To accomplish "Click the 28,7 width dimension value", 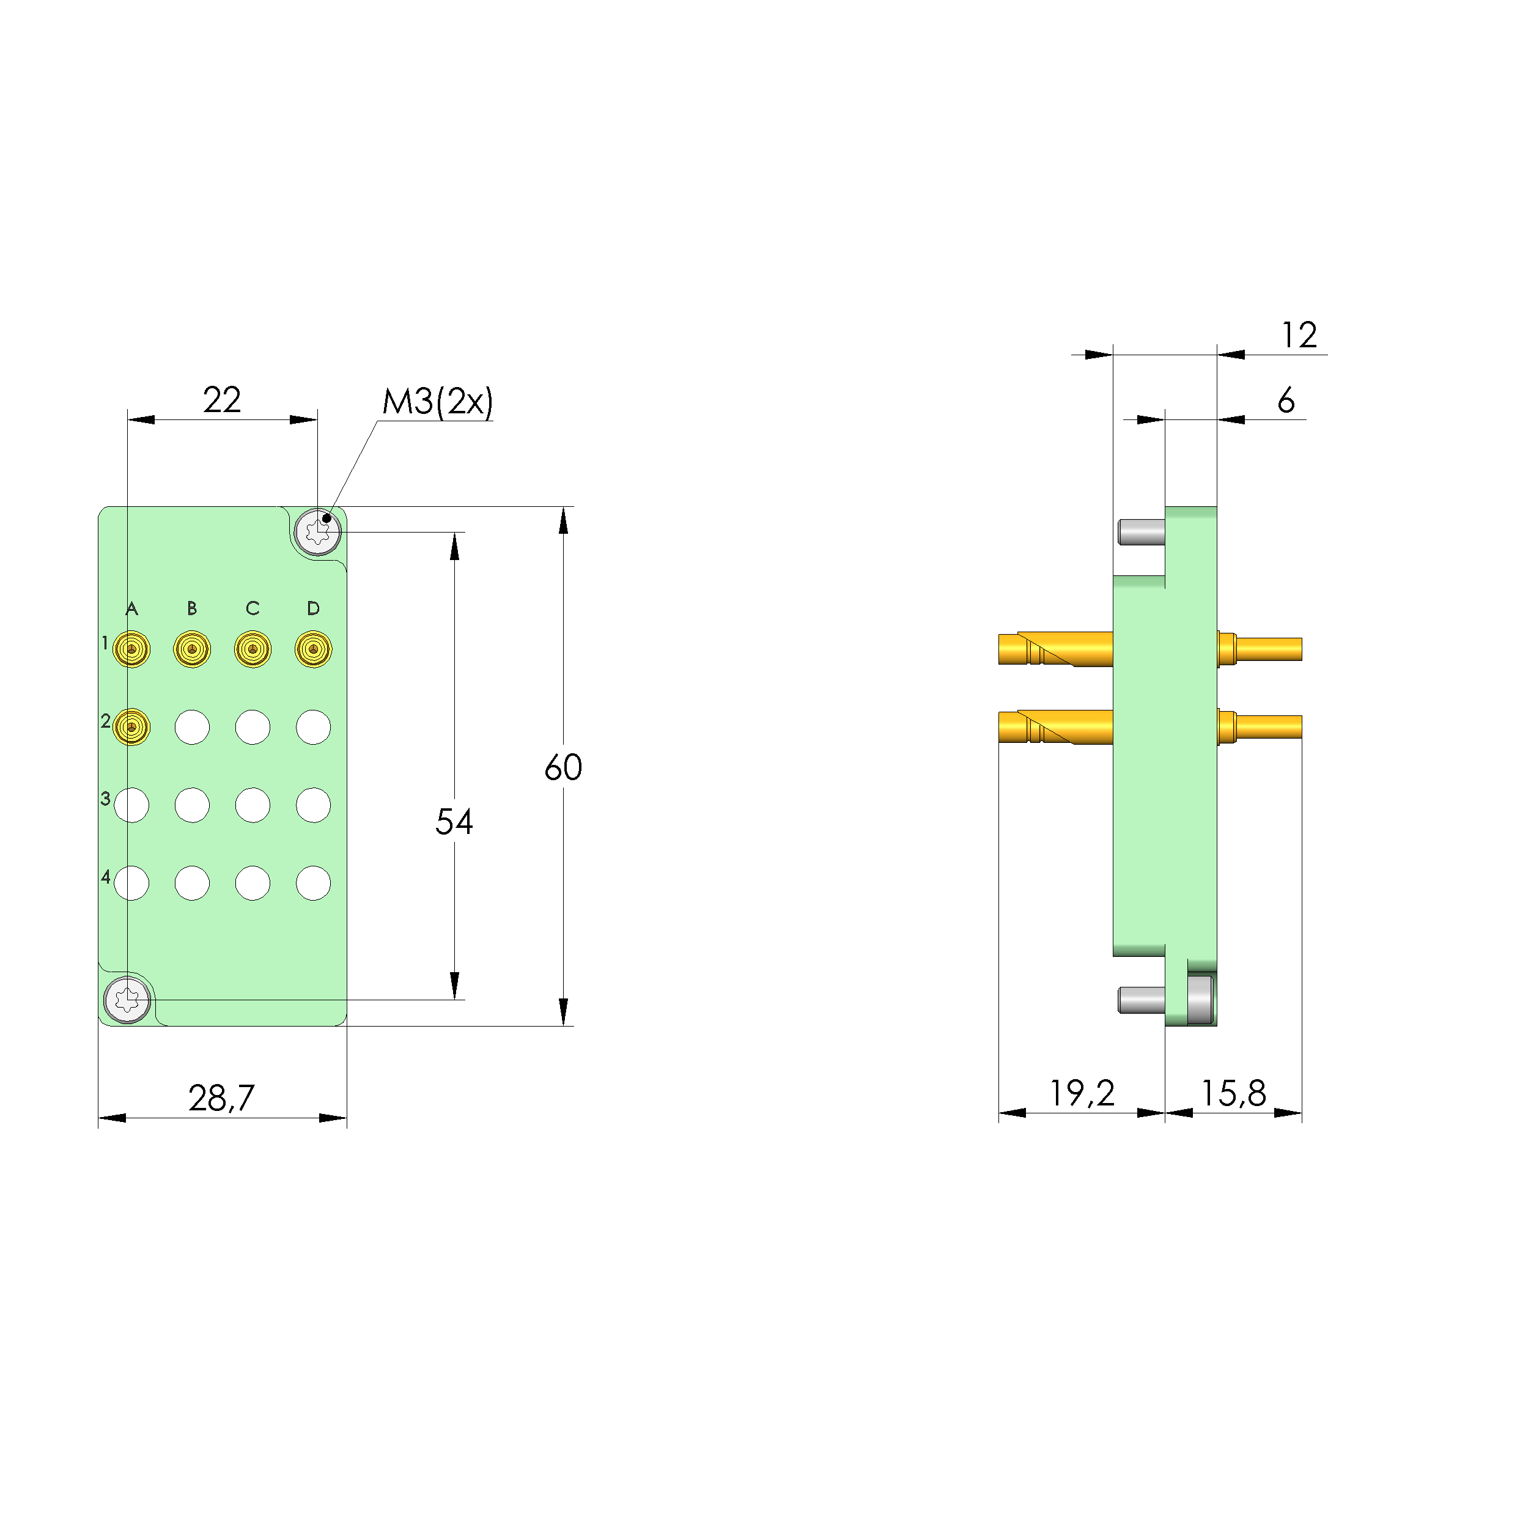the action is coord(222,1098).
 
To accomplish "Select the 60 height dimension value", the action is coord(564,767).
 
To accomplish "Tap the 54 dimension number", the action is coord(454,822).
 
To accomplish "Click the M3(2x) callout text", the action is coord(437,402).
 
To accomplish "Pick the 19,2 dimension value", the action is coord(1082,1094).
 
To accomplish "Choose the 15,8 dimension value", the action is coord(1234,1094).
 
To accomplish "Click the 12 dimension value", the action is coord(1300,335).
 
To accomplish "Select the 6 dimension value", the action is coord(1286,400).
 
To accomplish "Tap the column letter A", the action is coord(131,608).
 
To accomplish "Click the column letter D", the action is coord(313,608).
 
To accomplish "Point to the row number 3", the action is coord(105,798).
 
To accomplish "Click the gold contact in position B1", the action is coord(192,649).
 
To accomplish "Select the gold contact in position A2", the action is coord(131,726).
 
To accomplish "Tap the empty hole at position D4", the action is coord(313,883).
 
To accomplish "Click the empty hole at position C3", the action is coord(253,805).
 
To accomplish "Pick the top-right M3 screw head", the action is coord(318,532).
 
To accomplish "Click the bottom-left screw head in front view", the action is coord(127,999).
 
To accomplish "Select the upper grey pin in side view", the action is coord(1141,532).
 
